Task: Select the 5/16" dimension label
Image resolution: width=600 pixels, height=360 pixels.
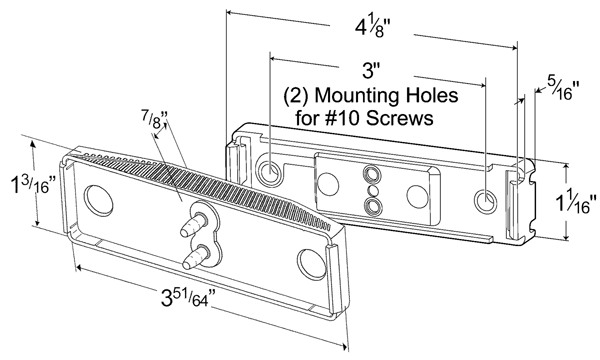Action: (x=563, y=88)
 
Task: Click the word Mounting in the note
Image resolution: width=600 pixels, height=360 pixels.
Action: (x=352, y=96)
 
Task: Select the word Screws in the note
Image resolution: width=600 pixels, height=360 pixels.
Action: (x=399, y=118)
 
